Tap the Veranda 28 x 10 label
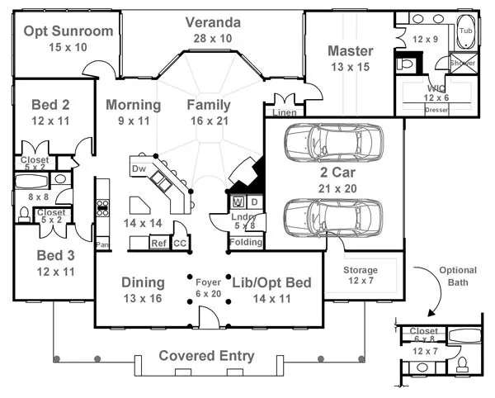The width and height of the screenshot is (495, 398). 213,22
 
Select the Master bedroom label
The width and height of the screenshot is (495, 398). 351,51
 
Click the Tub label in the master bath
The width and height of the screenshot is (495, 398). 466,31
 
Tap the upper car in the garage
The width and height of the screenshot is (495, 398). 333,142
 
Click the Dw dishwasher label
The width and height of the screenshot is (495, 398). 139,168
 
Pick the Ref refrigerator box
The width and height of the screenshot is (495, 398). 158,243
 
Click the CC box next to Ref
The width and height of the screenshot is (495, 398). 180,243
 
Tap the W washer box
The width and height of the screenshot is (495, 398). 238,201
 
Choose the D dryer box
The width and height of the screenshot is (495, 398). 254,201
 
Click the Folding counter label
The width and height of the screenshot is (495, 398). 247,242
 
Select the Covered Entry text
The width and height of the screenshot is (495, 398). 206,356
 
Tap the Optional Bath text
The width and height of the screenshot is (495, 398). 458,276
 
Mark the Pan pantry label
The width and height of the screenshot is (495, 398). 102,244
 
